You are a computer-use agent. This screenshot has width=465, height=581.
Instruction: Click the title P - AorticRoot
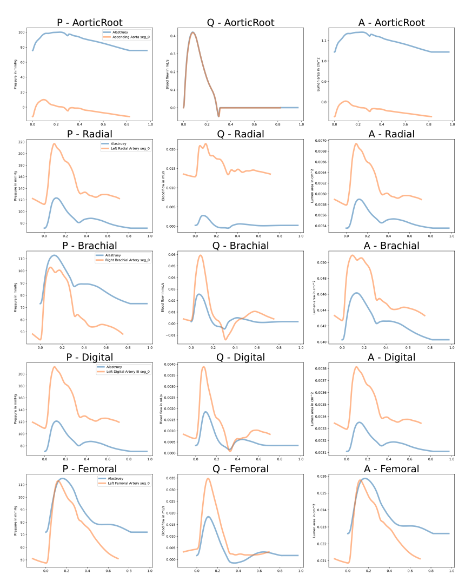[90, 22]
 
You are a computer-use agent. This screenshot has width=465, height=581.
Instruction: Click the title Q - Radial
[241, 134]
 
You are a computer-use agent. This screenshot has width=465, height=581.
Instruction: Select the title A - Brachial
[391, 246]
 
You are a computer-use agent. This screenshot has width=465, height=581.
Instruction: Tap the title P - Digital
[90, 357]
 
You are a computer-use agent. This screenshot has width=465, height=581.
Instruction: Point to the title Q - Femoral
[241, 468]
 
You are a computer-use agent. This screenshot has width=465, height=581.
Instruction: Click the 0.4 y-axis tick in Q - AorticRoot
[174, 36]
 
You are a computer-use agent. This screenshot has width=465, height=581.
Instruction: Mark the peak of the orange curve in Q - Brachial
[201, 255]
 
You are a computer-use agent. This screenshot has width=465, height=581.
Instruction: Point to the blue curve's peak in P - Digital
[56, 421]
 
